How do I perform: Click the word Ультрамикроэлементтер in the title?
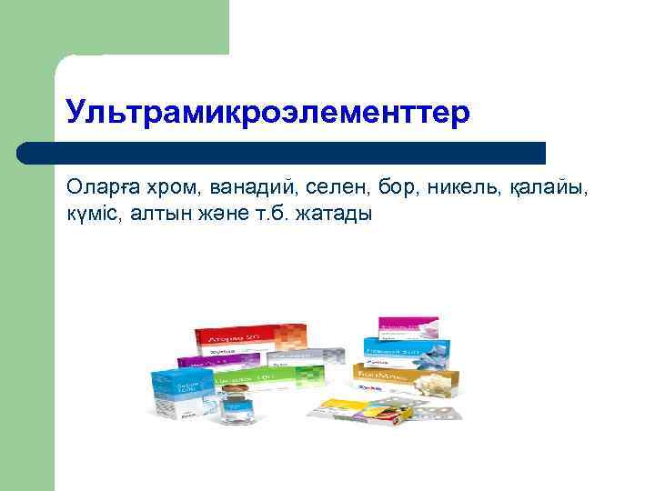coord(268,112)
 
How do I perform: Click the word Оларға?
coord(99,187)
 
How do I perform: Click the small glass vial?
coord(238,404)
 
